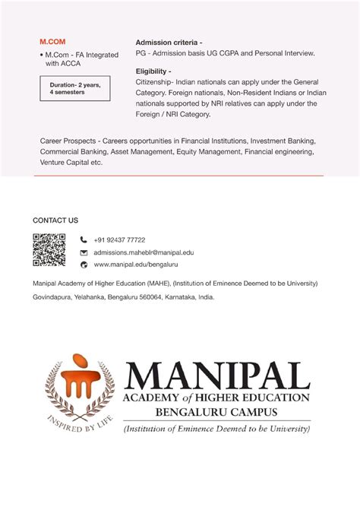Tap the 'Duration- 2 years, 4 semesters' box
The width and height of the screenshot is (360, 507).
[74, 88]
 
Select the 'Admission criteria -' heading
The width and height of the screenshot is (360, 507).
[169, 42]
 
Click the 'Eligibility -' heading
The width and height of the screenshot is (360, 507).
[153, 70]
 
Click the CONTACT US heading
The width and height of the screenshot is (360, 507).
[55, 220]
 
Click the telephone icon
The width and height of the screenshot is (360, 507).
[84, 240]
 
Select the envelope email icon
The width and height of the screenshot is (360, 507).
[84, 252]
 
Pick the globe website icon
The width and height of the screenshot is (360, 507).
[84, 265]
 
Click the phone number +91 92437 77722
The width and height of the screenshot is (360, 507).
[119, 240]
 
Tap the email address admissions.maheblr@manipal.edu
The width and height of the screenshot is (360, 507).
[144, 252]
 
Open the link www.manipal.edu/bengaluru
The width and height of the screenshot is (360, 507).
[135, 265]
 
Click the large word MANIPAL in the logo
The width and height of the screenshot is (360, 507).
[218, 375]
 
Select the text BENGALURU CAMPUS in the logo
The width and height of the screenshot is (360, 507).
[216, 413]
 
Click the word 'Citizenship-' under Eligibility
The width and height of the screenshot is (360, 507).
[156, 81]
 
